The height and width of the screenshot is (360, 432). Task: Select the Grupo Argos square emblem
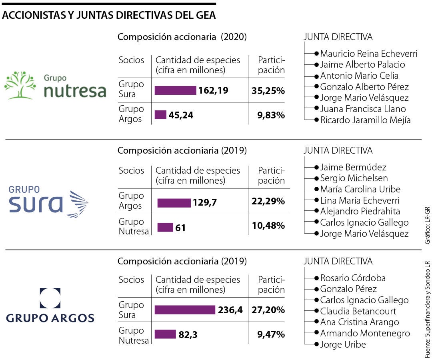[x=50, y=298]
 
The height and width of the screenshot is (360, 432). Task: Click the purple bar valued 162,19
[x=175, y=90]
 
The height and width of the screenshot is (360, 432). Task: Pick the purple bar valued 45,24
[x=160, y=115]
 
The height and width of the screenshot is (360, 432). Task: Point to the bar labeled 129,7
[x=174, y=203]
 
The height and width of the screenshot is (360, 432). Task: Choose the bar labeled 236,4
[x=185, y=310]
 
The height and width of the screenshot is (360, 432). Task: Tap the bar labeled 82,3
[x=165, y=334]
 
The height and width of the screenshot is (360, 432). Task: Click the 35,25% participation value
[x=268, y=91]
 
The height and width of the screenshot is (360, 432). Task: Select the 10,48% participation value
[x=268, y=226]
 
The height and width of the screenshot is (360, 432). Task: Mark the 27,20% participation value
[x=268, y=310]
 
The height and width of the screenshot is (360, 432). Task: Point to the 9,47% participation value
[x=271, y=334]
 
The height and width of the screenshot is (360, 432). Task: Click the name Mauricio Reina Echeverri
[x=369, y=54]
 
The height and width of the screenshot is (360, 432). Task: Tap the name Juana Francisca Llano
[x=363, y=109]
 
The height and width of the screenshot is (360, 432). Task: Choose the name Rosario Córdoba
[x=353, y=278]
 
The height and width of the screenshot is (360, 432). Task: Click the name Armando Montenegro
[x=365, y=333]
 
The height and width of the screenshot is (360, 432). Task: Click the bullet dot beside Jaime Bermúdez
[x=316, y=167]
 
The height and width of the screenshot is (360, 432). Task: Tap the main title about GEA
[x=109, y=15]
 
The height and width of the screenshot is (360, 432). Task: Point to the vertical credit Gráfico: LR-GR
[x=427, y=225]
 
